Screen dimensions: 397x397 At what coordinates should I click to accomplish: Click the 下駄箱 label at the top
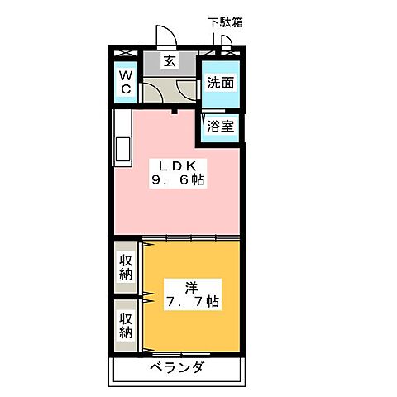[225, 23]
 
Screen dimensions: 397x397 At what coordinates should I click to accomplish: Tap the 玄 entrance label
[169, 60]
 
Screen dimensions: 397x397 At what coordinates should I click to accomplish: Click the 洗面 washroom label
[220, 83]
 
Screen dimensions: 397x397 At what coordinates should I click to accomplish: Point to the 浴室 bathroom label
[220, 128]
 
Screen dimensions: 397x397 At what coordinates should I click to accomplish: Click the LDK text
[176, 165]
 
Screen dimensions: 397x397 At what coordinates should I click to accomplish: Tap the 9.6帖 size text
[176, 180]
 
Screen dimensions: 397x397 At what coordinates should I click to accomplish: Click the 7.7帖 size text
[192, 303]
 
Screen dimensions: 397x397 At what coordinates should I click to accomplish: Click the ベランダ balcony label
[176, 368]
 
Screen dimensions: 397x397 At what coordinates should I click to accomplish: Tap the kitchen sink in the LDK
[122, 151]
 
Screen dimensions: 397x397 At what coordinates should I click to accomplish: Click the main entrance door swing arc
[166, 38]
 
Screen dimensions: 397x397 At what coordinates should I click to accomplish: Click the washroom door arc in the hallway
[189, 92]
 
